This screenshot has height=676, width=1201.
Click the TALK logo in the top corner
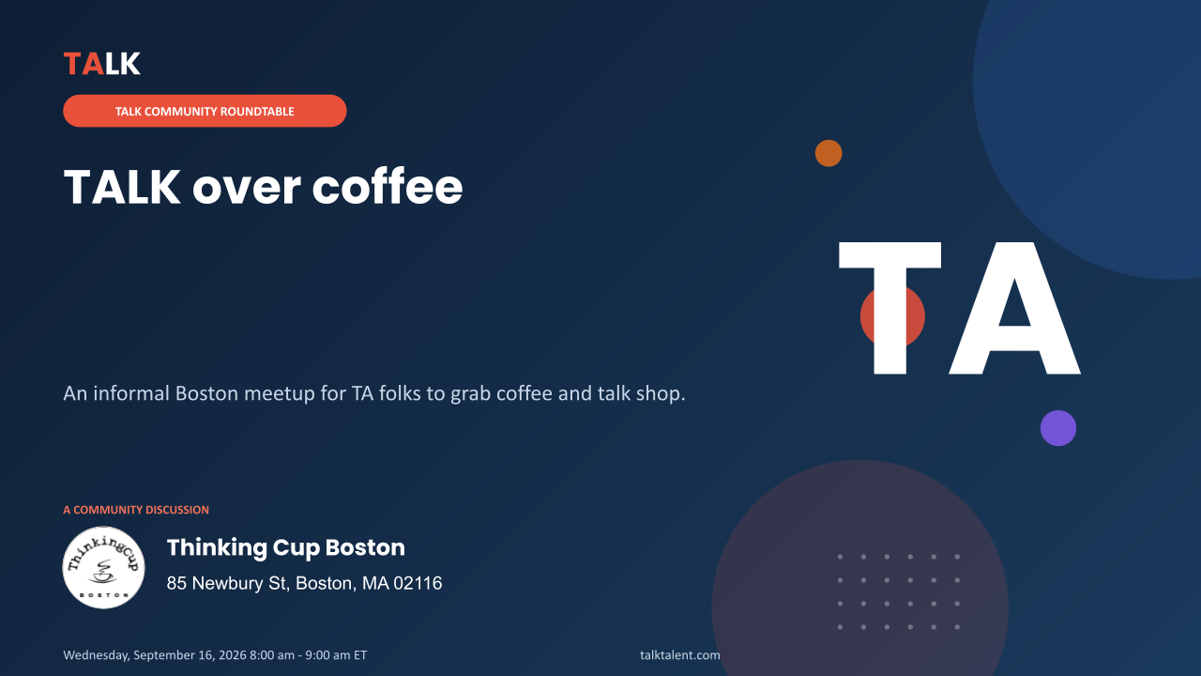pyautogui.click(x=102, y=63)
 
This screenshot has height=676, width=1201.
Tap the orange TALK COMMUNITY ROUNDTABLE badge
pyautogui.click(x=205, y=111)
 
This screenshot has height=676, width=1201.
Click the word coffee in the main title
pyautogui.click(x=388, y=187)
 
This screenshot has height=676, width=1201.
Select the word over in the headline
pyautogui.click(x=247, y=190)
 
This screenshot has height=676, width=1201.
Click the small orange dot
pyautogui.click(x=829, y=153)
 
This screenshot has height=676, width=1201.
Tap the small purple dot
pyautogui.click(x=1057, y=428)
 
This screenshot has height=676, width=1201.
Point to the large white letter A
pyautogui.click(x=1014, y=309)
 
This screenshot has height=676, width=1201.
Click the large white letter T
pyautogui.click(x=890, y=309)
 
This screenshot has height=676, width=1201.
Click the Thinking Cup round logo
pyautogui.click(x=103, y=567)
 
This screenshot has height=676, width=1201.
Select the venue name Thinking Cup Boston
pyautogui.click(x=286, y=547)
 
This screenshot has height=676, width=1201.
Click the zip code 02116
pyautogui.click(x=418, y=583)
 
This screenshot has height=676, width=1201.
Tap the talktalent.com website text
pyautogui.click(x=680, y=655)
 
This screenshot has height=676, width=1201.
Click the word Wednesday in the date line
pyautogui.click(x=96, y=655)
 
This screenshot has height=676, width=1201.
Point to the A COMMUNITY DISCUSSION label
pyautogui.click(x=136, y=510)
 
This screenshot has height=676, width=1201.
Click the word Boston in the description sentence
pyautogui.click(x=207, y=393)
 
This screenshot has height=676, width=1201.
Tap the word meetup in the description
pyautogui.click(x=280, y=394)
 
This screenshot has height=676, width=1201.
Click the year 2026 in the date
pyautogui.click(x=233, y=655)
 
